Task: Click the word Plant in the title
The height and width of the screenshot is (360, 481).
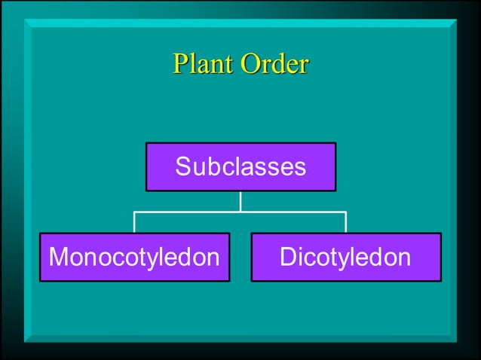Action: click(x=204, y=63)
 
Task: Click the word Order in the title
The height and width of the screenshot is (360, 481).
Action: click(x=274, y=63)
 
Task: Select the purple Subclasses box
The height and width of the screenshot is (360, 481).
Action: click(x=240, y=166)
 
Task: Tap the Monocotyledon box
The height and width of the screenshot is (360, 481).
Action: click(x=134, y=258)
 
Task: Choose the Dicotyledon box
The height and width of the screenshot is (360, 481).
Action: click(x=346, y=258)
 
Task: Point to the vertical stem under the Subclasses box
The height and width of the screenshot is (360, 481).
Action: click(x=240, y=201)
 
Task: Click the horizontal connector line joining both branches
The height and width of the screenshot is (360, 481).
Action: click(x=240, y=212)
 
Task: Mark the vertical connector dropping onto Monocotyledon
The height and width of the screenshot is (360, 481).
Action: click(x=134, y=222)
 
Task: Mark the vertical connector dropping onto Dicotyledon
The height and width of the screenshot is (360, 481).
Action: click(x=346, y=222)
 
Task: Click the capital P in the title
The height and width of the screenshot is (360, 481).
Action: click(x=181, y=63)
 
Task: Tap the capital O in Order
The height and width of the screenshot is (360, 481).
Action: click(x=250, y=63)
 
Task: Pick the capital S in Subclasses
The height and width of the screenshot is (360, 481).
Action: click(x=183, y=166)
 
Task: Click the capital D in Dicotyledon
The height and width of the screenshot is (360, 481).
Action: click(x=288, y=258)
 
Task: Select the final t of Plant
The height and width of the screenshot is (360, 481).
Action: click(x=229, y=64)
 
